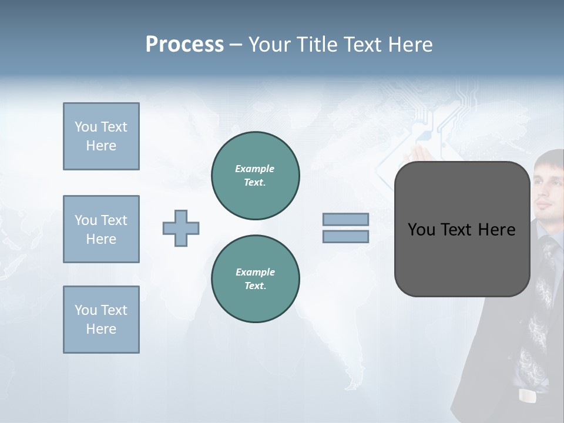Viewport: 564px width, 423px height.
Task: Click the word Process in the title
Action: coord(184,45)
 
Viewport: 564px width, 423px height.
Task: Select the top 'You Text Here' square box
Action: coord(101,136)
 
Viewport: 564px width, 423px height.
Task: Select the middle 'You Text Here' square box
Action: coord(101,229)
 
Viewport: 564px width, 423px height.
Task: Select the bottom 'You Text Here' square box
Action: coord(101,320)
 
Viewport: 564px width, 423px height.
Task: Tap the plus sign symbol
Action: coord(181,228)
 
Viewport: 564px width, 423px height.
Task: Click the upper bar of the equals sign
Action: coord(345,219)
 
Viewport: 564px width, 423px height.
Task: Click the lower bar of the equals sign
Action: coord(345,236)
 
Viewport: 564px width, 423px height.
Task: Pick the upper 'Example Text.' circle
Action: coord(256,176)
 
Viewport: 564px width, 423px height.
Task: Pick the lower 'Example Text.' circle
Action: coord(256,278)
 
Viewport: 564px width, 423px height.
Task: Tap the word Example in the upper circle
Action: coord(255,169)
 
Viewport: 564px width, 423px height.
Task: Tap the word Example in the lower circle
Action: coord(255,272)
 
